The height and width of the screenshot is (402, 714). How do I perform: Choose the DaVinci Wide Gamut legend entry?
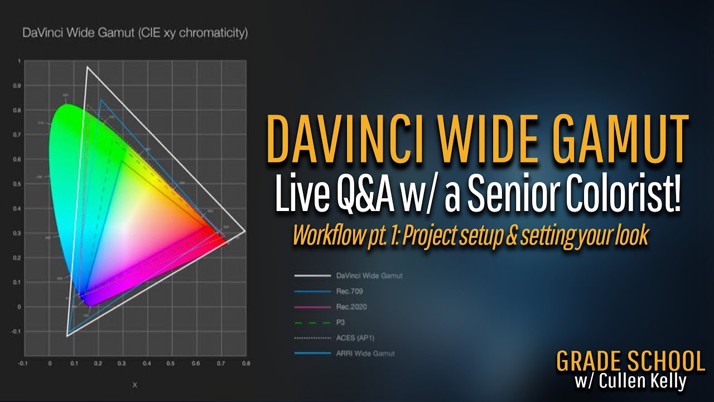[369, 275]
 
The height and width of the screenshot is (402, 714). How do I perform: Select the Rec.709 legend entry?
[350, 291]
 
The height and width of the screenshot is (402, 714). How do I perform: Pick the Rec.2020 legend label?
[351, 307]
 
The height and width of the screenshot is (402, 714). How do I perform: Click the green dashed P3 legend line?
[311, 322]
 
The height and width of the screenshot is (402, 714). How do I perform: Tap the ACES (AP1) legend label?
[355, 338]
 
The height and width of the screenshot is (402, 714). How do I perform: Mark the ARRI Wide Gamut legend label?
[365, 353]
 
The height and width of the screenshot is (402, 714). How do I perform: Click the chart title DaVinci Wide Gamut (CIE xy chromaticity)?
[135, 33]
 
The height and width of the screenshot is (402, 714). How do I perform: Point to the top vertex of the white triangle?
[87, 67]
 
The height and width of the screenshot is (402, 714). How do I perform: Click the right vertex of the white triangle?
[245, 231]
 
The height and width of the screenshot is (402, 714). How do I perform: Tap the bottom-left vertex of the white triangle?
[67, 336]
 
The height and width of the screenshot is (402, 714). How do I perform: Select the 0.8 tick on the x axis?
[245, 364]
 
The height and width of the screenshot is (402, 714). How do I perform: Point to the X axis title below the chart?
[134, 385]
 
